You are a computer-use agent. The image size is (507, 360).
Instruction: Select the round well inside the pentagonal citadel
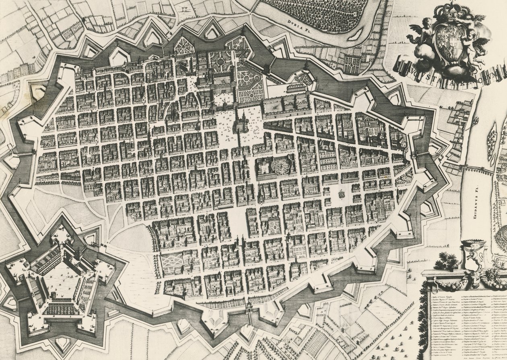[x=53, y=295]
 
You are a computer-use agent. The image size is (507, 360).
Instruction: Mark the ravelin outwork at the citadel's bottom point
[x=62, y=343]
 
